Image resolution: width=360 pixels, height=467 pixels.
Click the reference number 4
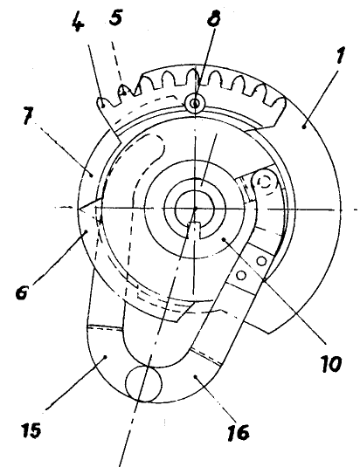[78, 22]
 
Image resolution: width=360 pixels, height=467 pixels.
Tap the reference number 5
[115, 17]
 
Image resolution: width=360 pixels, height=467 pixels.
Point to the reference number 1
[340, 55]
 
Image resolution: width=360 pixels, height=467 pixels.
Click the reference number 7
[28, 115]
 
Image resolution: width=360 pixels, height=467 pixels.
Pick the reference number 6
[22, 292]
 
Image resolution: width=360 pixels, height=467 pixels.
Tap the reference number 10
[331, 363]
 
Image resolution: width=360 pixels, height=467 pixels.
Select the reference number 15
[31, 429]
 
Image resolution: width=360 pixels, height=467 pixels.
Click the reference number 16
[239, 432]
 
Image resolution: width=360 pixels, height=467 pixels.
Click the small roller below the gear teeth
[195, 104]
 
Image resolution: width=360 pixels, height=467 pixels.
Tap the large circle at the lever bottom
[144, 383]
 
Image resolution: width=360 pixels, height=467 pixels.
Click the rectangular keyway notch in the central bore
[195, 230]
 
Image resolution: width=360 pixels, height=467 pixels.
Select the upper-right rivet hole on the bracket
[261, 261]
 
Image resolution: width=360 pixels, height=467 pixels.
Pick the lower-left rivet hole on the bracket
[241, 276]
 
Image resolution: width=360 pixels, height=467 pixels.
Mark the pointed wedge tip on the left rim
[79, 209]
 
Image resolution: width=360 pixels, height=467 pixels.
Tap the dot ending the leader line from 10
[224, 239]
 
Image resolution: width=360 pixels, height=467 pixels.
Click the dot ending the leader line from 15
[105, 356]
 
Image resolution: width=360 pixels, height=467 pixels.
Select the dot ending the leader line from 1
[304, 127]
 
